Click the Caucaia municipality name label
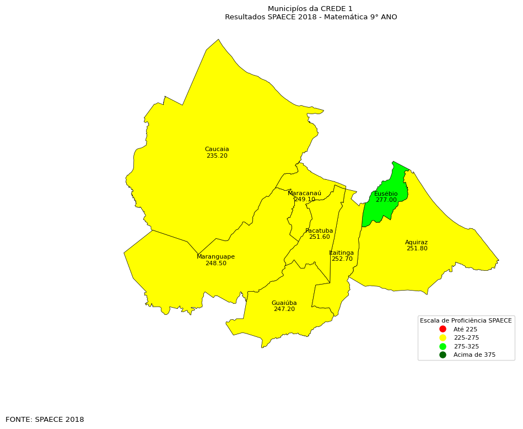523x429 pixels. [x=217, y=149]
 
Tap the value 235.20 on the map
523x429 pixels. [x=217, y=156]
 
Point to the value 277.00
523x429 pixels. [x=386, y=200]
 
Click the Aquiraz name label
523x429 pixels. [x=416, y=243]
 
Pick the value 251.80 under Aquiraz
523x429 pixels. [x=417, y=249]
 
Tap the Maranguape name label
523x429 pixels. [x=215, y=257]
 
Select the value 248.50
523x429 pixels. [x=215, y=264]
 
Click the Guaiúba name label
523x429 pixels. [x=284, y=303]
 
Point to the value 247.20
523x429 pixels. [x=284, y=309]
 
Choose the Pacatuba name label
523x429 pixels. [x=319, y=231]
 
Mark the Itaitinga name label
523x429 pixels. [x=342, y=253]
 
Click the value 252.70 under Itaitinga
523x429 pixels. [x=342, y=259]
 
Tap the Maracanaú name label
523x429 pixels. [x=304, y=194]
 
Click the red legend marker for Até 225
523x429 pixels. [x=443, y=329]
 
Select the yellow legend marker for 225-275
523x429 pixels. [x=443, y=337]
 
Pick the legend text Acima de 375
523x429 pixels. [x=474, y=355]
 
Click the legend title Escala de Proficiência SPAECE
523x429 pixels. [x=466, y=320]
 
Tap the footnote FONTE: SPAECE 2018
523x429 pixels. [x=45, y=420]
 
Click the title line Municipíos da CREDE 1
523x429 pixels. [x=310, y=9]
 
